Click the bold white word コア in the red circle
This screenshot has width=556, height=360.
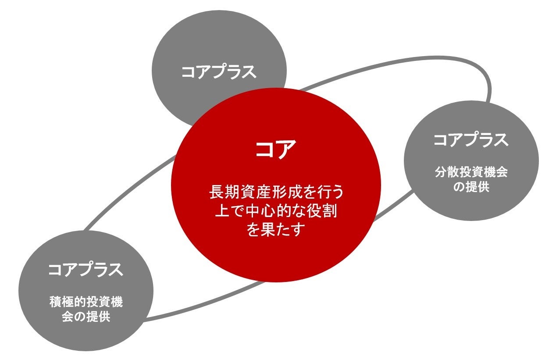[x=276, y=150]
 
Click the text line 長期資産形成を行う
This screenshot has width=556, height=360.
[x=276, y=192]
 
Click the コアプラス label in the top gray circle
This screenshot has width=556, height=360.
[x=219, y=72]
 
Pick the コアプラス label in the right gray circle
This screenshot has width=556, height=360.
[x=471, y=140]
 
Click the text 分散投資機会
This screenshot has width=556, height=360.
[x=471, y=172]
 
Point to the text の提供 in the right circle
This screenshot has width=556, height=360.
[x=471, y=187]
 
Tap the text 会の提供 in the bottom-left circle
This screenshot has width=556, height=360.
[x=86, y=317]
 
